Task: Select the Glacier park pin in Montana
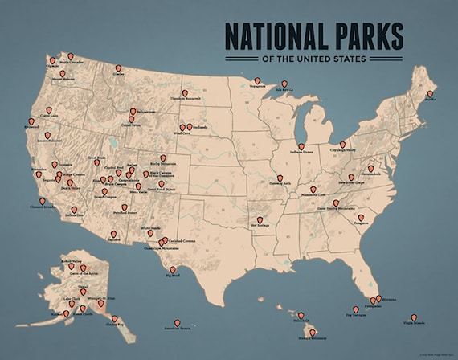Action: coord(118,69)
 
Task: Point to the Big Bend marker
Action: coord(173,270)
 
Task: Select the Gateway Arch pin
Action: coord(280,178)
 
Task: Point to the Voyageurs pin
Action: coord(257,80)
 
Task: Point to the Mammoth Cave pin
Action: coord(313,190)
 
